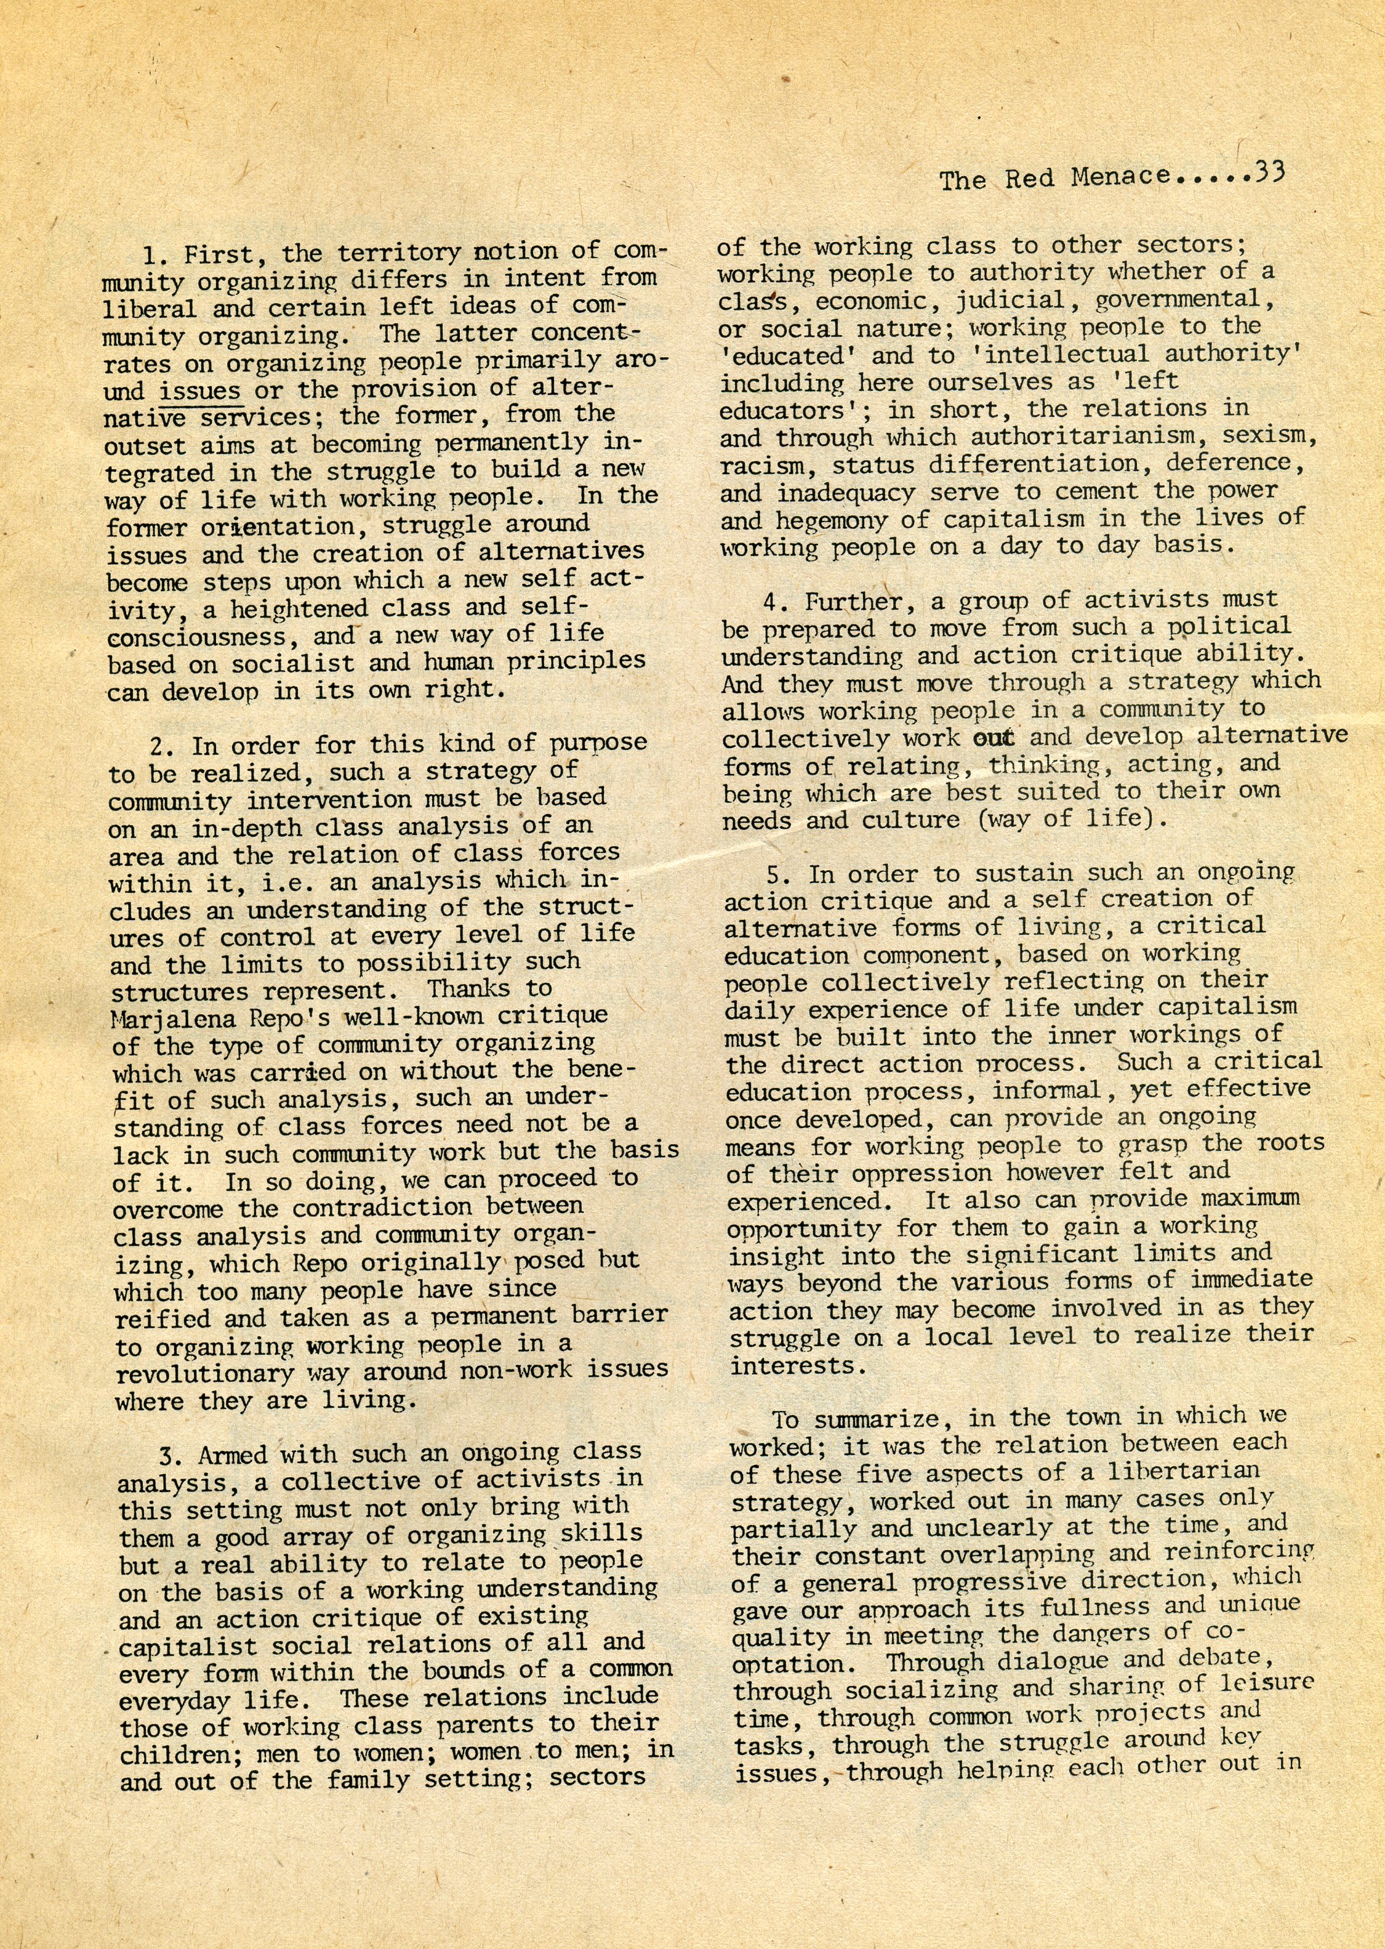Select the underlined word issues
[x=199, y=390]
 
